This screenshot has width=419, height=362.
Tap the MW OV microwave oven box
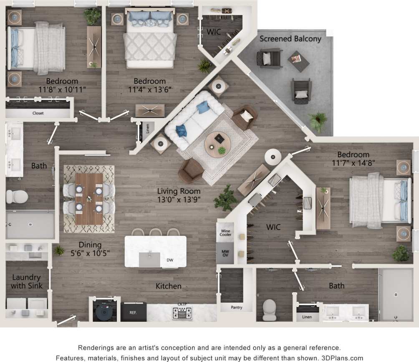(x=225, y=253)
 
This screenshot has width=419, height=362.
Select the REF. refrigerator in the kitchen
(x=134, y=312)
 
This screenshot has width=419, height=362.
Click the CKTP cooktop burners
(x=182, y=312)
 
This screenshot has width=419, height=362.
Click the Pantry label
(x=236, y=308)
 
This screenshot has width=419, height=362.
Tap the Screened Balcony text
(x=290, y=39)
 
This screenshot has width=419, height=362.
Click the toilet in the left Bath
(x=17, y=196)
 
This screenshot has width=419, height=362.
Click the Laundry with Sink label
(x=26, y=281)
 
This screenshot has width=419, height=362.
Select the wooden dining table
(x=89, y=198)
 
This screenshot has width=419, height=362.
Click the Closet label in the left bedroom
(x=38, y=113)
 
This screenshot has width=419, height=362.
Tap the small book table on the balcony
(x=298, y=61)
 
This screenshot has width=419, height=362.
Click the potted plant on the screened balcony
(x=318, y=121)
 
